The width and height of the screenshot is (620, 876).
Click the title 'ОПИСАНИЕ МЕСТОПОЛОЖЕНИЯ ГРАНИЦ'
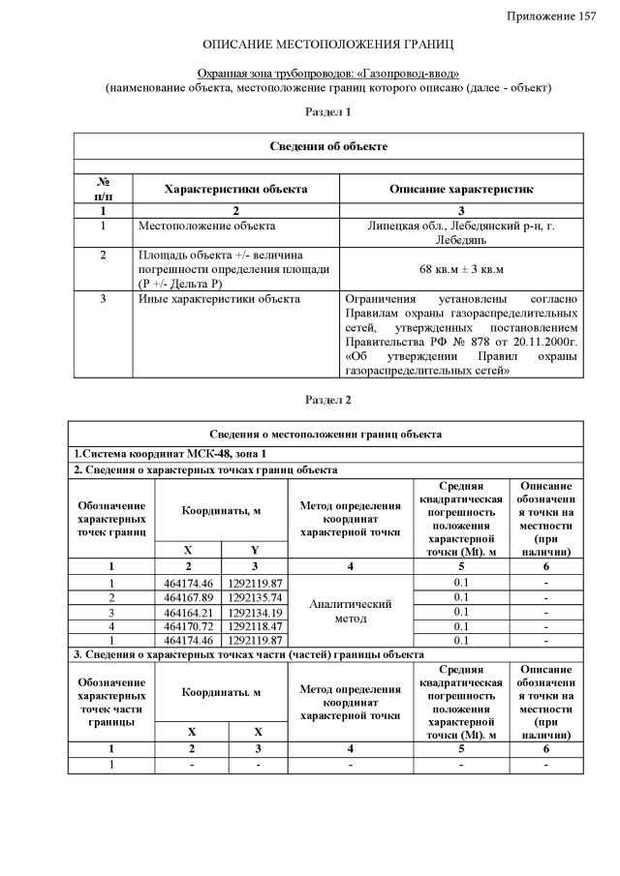tap(328, 45)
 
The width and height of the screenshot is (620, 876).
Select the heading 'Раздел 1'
tap(328, 113)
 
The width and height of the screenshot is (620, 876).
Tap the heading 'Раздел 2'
tap(328, 400)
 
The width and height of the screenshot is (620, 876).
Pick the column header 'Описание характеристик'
tap(462, 189)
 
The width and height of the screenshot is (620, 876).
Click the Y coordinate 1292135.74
tap(255, 597)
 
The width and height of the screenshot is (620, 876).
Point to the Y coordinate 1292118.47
tap(255, 626)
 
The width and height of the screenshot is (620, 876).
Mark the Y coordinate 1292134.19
tap(255, 612)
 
